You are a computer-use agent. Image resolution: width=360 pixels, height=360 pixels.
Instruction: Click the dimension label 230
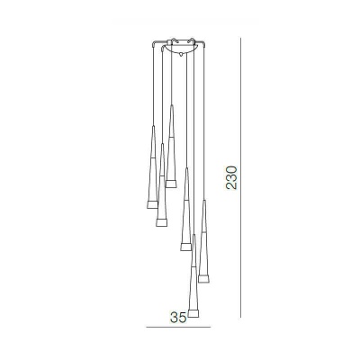coord(231,177)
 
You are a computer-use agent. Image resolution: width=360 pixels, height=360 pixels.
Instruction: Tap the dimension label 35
coord(178,318)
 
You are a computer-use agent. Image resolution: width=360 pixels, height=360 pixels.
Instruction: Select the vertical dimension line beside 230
coord(240,177)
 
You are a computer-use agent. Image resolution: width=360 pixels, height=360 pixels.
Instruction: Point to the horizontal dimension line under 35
coord(178,327)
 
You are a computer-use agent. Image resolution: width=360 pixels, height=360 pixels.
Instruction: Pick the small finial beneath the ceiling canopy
coord(181,55)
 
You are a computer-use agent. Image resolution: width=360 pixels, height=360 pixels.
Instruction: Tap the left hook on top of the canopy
coord(175,40)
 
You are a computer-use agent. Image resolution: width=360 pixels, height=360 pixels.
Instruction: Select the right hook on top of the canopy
coord(191,40)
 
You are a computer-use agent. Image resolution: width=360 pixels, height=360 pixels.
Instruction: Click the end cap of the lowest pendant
coord(193,313)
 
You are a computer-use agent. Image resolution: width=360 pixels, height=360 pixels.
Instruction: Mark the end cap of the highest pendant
coord(171,184)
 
